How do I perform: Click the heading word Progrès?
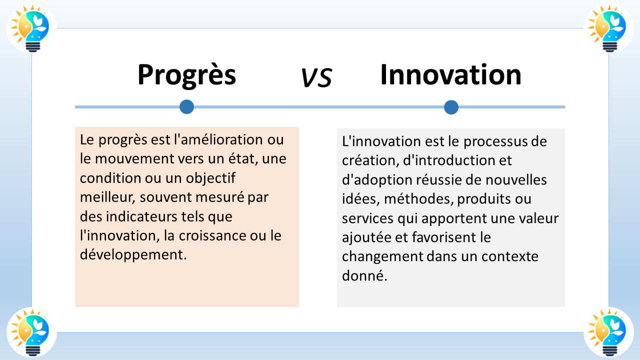click(x=186, y=75)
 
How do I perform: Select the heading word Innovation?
click(x=450, y=75)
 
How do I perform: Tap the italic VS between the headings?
click(x=316, y=78)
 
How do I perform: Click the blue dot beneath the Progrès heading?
click(x=186, y=106)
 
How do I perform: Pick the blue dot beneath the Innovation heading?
click(x=451, y=107)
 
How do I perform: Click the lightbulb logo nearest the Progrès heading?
click(x=31, y=28)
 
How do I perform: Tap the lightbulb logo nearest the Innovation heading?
click(x=608, y=28)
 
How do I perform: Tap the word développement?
click(x=132, y=254)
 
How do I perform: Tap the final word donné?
click(x=364, y=275)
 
